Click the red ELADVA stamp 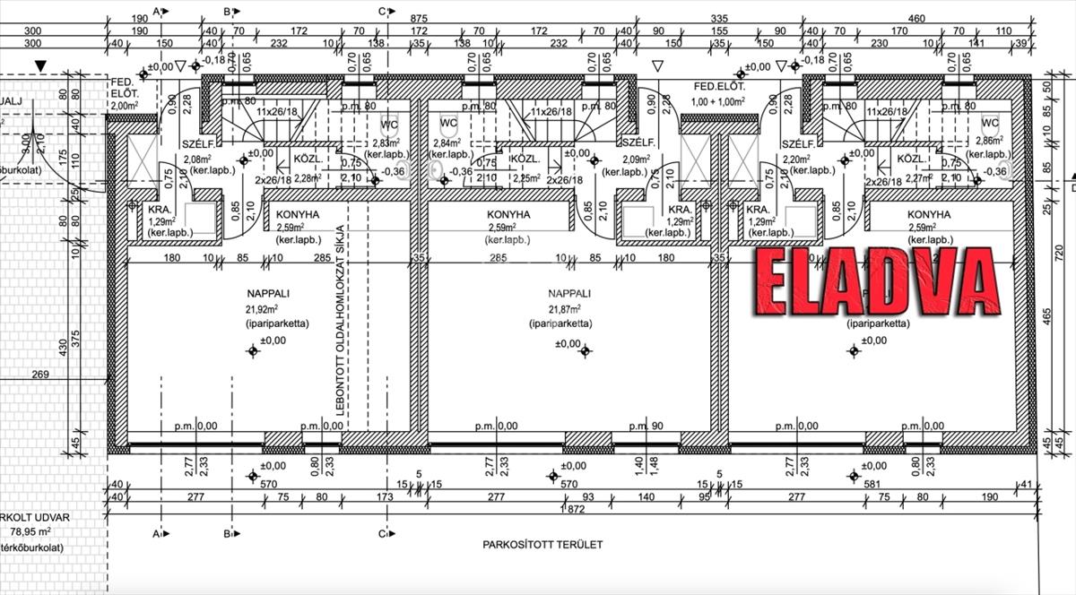click(877, 280)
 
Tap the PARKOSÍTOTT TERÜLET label click(542, 544)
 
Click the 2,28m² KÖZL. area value click(307, 177)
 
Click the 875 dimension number click(419, 18)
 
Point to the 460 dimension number click(915, 18)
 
